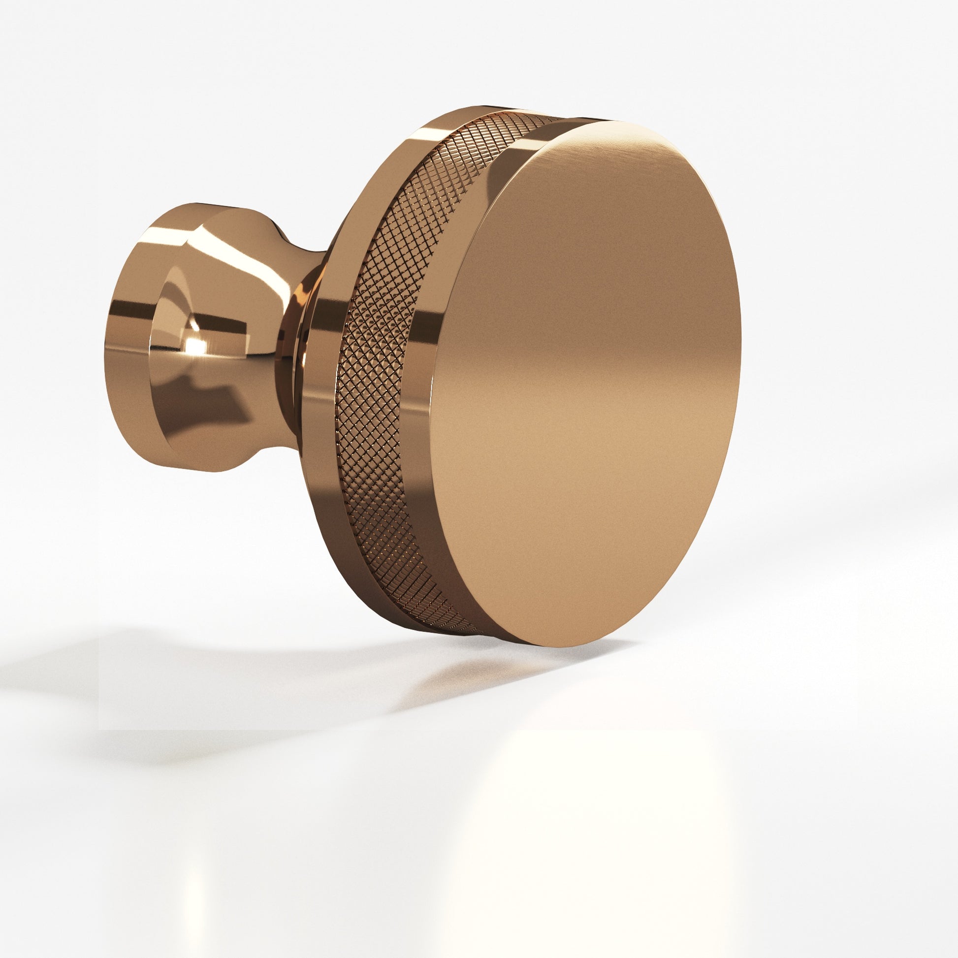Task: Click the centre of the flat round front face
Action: pos(585,382)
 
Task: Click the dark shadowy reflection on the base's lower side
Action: pos(208,402)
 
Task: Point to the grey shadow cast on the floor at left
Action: pos(124,670)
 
